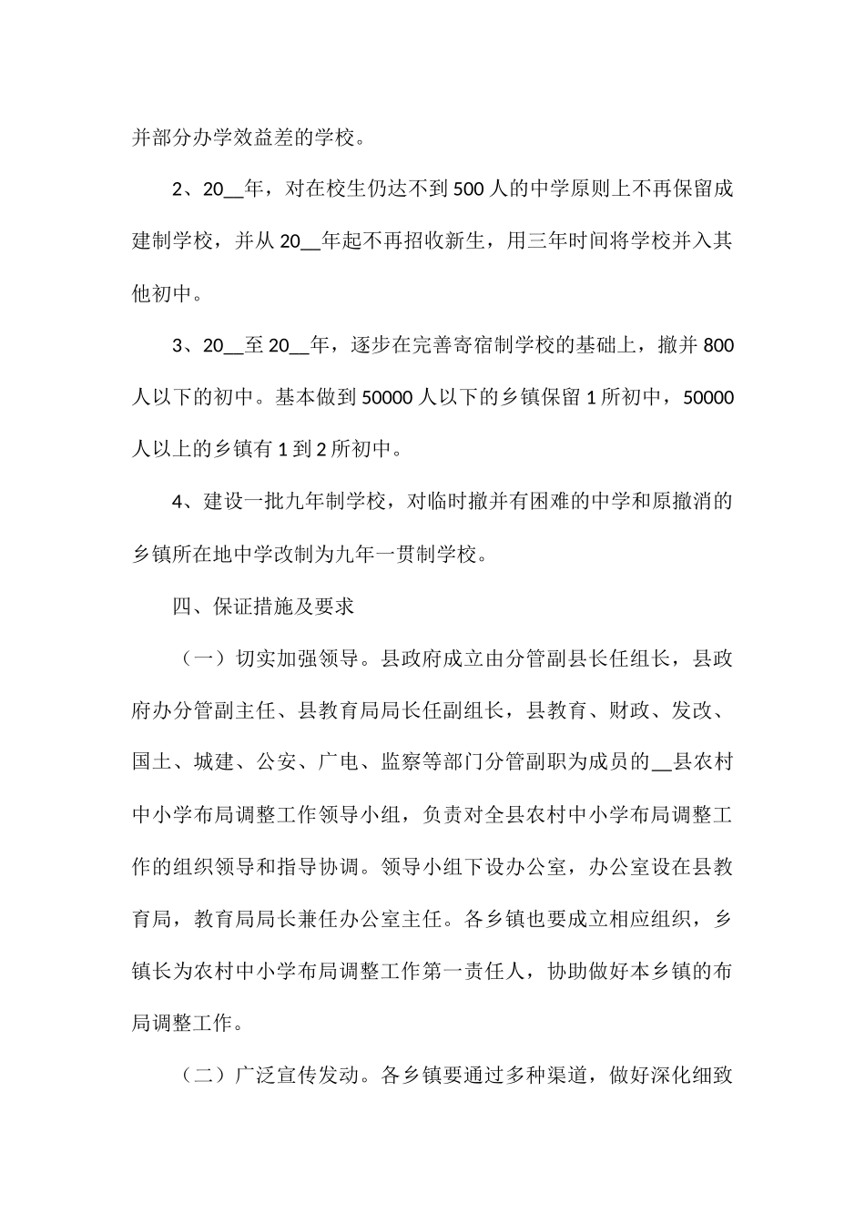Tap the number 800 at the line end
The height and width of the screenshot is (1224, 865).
[718, 346]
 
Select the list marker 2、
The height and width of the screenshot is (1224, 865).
[183, 190]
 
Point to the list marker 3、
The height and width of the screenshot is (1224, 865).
[183, 346]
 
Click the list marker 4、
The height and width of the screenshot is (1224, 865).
[183, 502]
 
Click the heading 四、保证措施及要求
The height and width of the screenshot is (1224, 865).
[263, 607]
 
